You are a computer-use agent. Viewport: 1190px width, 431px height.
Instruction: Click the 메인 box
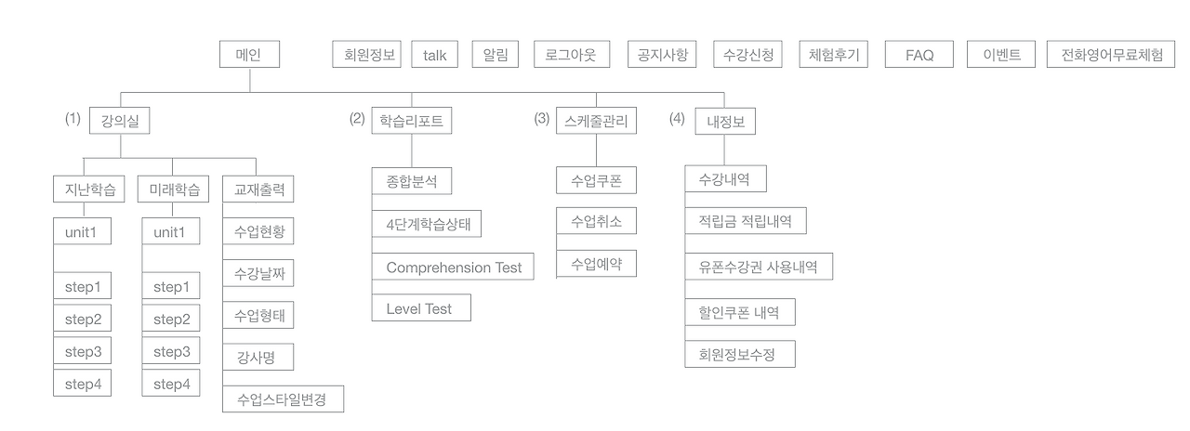pos(249,55)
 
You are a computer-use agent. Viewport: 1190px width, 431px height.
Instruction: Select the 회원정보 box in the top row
pos(365,55)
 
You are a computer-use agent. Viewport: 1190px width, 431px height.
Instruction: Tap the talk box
pos(435,55)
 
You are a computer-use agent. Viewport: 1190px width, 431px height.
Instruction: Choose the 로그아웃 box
pos(572,55)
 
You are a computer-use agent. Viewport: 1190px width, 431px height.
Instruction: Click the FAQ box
pos(919,55)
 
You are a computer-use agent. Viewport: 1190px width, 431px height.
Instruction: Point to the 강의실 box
pos(120,121)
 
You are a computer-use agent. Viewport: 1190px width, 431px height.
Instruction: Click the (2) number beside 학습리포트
pos(357,119)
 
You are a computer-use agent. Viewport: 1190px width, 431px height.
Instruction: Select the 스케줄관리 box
pos(596,121)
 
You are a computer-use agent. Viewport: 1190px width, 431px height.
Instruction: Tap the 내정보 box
pos(725,121)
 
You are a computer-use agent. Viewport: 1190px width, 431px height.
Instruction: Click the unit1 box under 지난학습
pos(82,231)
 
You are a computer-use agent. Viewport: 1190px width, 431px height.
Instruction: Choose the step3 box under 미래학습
pos(171,352)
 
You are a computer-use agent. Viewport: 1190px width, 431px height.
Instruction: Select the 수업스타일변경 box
pos(283,399)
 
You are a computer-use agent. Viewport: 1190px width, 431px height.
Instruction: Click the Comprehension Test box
pos(454,268)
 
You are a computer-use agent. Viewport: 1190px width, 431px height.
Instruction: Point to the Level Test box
pos(420,308)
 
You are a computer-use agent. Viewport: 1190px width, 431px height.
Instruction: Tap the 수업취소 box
pos(596,222)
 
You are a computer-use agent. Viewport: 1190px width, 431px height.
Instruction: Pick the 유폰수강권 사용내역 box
pos(759,267)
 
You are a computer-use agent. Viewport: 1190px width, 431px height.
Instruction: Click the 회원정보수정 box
pos(740,354)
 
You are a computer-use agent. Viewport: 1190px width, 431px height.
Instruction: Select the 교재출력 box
pos(258,189)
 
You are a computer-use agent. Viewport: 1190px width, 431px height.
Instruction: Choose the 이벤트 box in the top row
pos(1001,55)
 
